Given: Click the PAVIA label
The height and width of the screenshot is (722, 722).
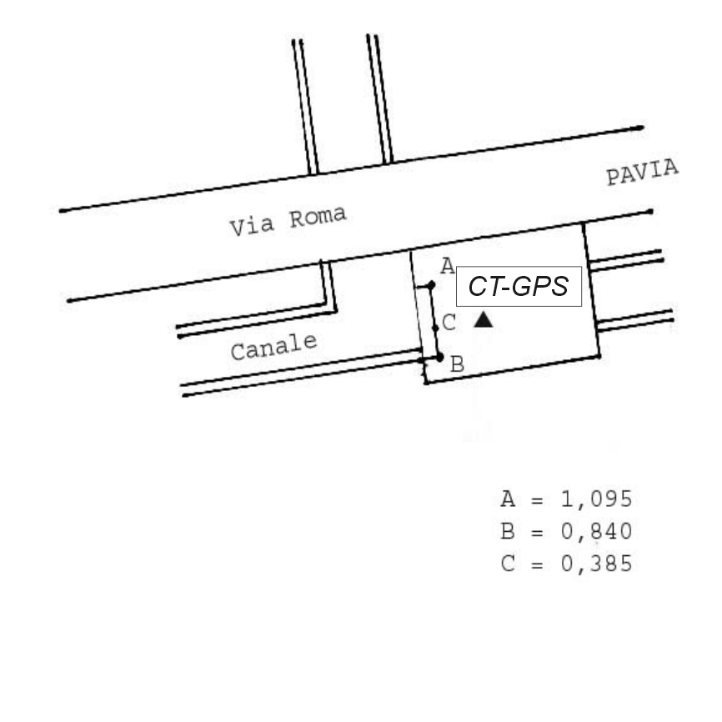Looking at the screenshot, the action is pyautogui.click(x=642, y=172).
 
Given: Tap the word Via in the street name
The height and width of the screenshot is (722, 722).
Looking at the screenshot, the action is pyautogui.click(x=253, y=226).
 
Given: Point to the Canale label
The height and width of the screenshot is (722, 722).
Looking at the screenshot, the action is pyautogui.click(x=274, y=347).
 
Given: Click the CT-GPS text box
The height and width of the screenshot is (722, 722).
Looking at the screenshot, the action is pyautogui.click(x=519, y=286).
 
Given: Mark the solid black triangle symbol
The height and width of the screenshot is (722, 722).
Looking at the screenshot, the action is pyautogui.click(x=483, y=319).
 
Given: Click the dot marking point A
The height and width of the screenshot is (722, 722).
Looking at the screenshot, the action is pyautogui.click(x=431, y=285).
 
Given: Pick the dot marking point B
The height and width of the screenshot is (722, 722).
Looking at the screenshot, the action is pyautogui.click(x=439, y=357).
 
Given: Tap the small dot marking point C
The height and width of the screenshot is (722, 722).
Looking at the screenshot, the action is pyautogui.click(x=435, y=328).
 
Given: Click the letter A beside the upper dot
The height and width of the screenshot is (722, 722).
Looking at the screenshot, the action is pyautogui.click(x=448, y=266).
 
